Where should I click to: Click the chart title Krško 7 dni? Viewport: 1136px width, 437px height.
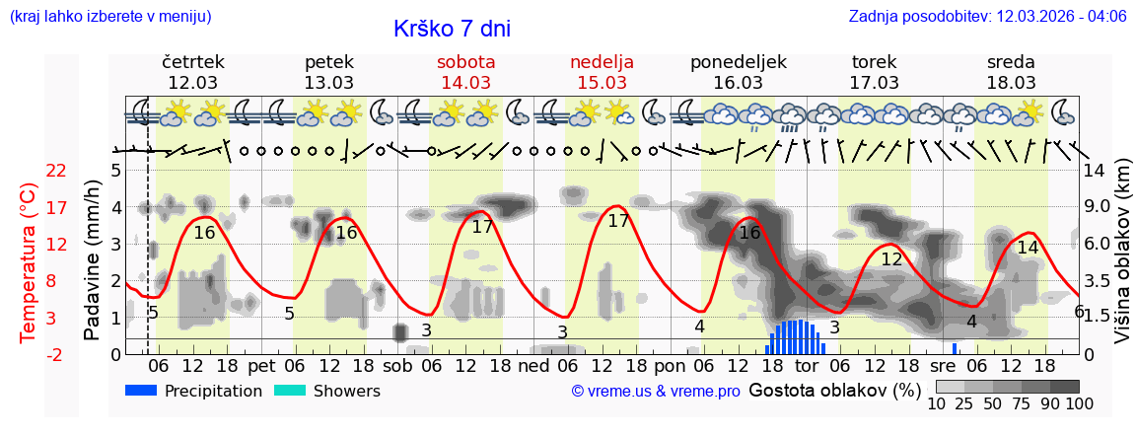point(452,29)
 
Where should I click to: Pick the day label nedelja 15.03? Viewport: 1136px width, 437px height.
point(602,72)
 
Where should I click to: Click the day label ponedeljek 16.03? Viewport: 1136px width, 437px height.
point(739,72)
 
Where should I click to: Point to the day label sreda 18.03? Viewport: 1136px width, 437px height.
point(1011,72)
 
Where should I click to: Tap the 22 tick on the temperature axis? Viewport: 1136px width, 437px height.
point(56,171)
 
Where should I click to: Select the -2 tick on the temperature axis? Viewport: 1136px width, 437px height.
point(56,355)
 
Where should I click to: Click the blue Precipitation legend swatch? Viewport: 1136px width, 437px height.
point(141,391)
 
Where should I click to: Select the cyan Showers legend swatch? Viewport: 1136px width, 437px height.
point(290,391)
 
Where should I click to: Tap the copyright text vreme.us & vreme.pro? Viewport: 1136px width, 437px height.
point(656,392)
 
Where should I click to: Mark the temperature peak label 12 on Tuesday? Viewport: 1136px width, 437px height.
point(891,259)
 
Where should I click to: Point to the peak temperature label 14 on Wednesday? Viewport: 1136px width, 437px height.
point(1028,248)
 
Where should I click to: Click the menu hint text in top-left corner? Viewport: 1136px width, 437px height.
point(110,17)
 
